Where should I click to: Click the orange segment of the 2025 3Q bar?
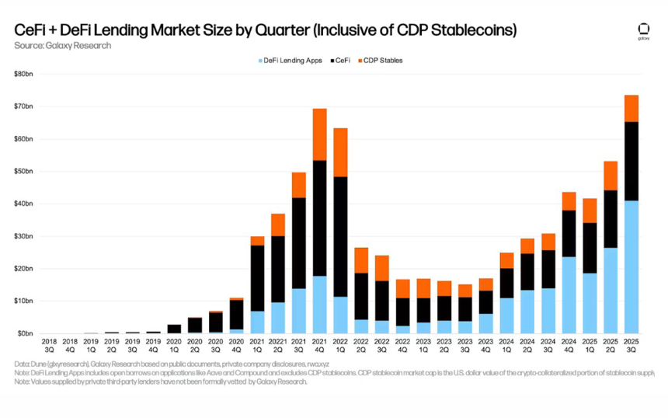631,108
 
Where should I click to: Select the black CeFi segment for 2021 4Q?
319,218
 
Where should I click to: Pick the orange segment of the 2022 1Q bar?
340,152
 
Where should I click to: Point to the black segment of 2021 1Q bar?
256,277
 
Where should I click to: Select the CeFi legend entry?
343,60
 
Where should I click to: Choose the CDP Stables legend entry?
383,60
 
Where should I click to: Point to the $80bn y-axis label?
23,74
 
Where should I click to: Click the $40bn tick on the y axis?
23,204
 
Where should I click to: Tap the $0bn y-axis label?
24,333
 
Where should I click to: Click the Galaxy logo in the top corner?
642,30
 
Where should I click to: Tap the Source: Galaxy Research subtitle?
62,46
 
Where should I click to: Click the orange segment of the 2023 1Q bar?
423,287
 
